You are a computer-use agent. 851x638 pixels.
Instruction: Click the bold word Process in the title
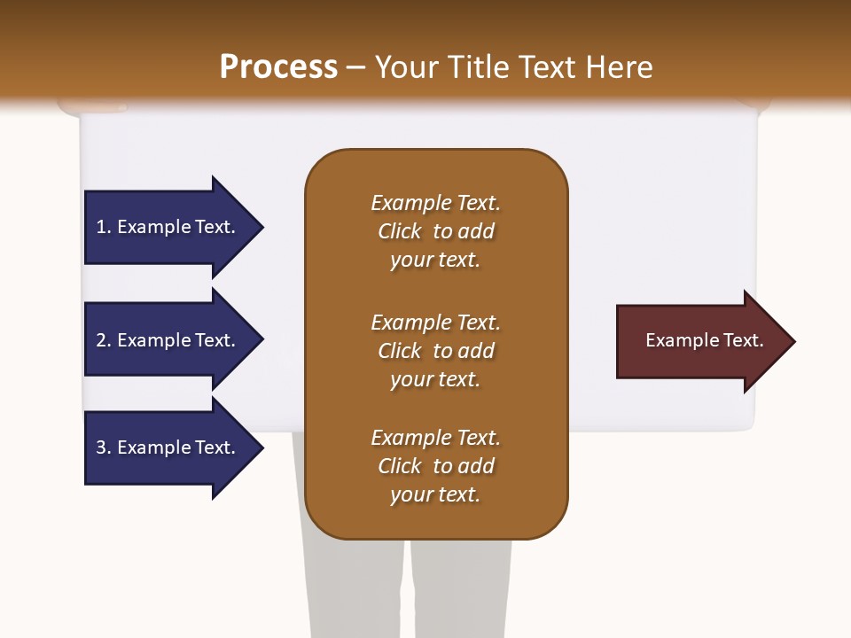[278, 66]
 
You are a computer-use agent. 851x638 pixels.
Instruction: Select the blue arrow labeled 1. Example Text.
[168, 227]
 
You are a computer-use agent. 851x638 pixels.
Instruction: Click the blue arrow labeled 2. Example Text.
[168, 340]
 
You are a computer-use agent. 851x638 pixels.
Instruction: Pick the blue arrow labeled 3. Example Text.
[168, 447]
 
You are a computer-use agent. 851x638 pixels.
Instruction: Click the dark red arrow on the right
[700, 340]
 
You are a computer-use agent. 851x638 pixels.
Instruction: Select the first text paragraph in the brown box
[435, 231]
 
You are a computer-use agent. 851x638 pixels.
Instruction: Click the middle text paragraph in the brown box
[435, 351]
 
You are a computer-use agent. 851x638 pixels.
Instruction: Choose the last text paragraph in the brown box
[435, 466]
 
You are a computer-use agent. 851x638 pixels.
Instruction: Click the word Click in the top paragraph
[400, 231]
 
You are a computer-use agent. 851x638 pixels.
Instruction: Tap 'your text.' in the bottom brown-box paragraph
[435, 494]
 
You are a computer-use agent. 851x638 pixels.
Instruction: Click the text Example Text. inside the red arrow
[704, 340]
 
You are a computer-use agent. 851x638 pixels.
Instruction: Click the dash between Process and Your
[356, 68]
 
